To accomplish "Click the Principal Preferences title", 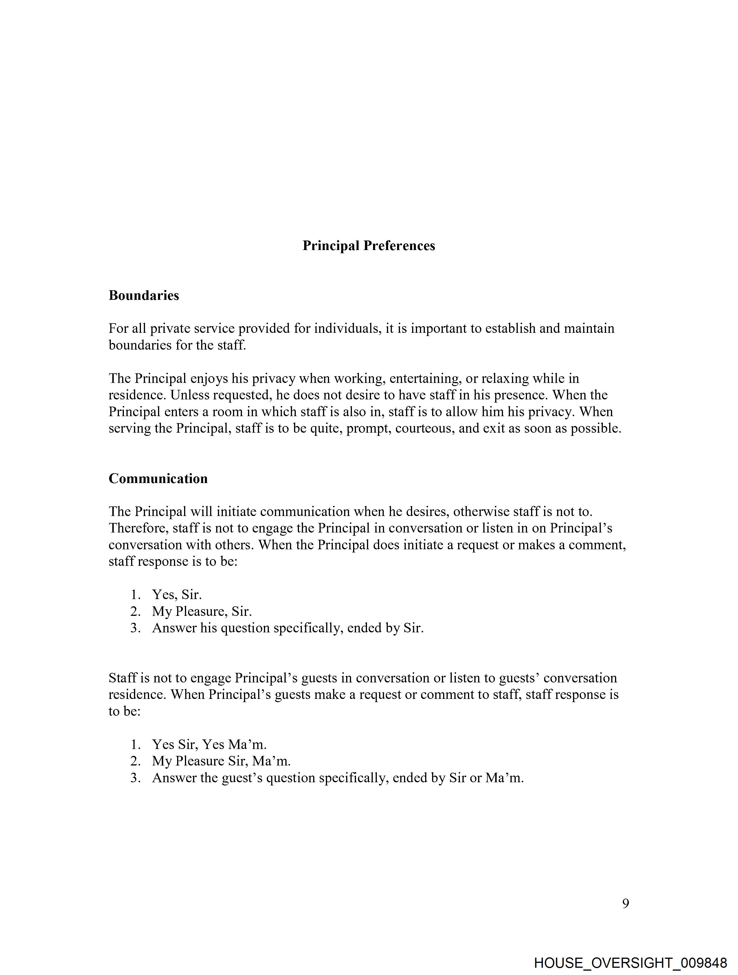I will coord(368,245).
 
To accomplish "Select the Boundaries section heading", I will coord(144,295).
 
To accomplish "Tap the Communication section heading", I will coord(158,479).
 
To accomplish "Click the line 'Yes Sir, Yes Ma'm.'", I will coord(210,744).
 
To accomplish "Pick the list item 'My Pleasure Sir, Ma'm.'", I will coord(221,761).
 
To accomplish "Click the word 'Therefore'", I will coord(138,528).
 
